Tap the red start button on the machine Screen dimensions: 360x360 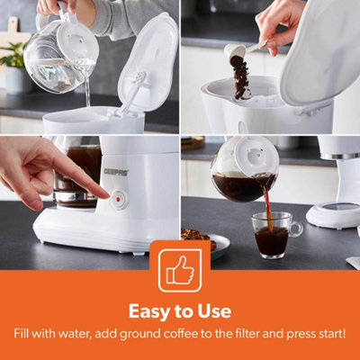[x=118, y=194]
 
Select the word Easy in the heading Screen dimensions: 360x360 [x=153, y=312]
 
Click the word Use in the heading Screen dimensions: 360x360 [x=212, y=312]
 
